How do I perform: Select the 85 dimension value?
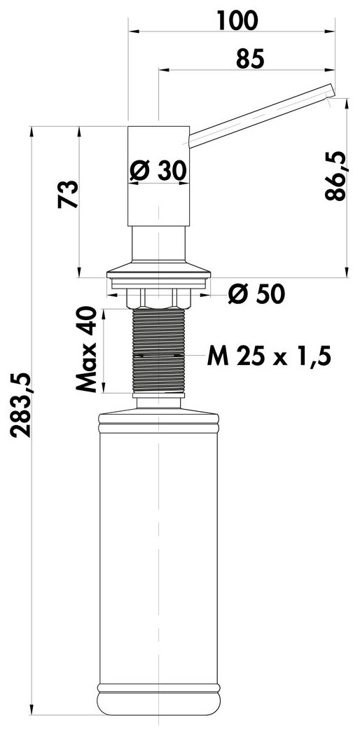pyautogui.click(x=251, y=59)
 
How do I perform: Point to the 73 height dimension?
pyautogui.click(x=68, y=194)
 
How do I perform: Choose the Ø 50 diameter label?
pyautogui.click(x=256, y=294)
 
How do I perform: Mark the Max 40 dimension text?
pyautogui.click(x=86, y=349)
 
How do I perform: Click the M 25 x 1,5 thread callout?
pyautogui.click(x=269, y=357)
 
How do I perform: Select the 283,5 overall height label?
pyautogui.click(x=22, y=406)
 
